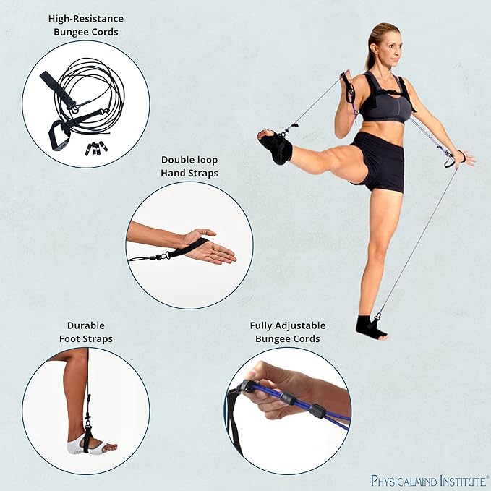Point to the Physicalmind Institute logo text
point(430,480)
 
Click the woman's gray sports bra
point(387,105)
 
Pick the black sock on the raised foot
point(278,147)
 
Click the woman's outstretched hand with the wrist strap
point(463,157)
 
